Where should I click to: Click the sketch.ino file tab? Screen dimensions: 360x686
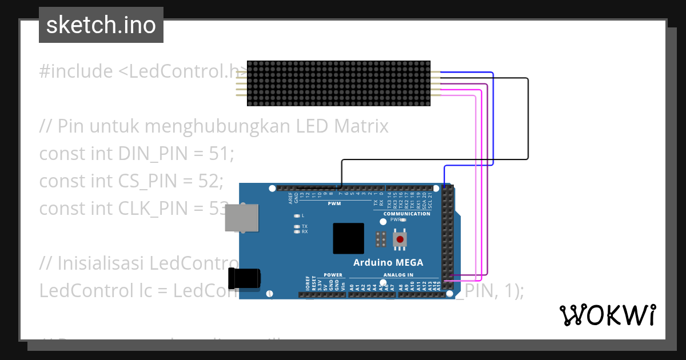click(x=101, y=25)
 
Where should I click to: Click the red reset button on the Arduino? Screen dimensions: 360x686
click(x=400, y=239)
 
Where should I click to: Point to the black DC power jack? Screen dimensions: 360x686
click(x=244, y=278)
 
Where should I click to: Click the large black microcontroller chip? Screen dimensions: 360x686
click(x=348, y=238)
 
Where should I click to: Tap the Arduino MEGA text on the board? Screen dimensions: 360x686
click(x=388, y=263)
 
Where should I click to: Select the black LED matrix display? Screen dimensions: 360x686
click(x=339, y=83)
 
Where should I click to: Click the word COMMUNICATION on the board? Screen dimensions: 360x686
click(x=407, y=214)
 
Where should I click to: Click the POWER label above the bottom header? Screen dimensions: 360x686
click(x=333, y=275)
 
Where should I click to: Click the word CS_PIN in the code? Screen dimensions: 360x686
click(x=146, y=181)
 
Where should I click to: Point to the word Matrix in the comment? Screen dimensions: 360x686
click(x=361, y=126)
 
